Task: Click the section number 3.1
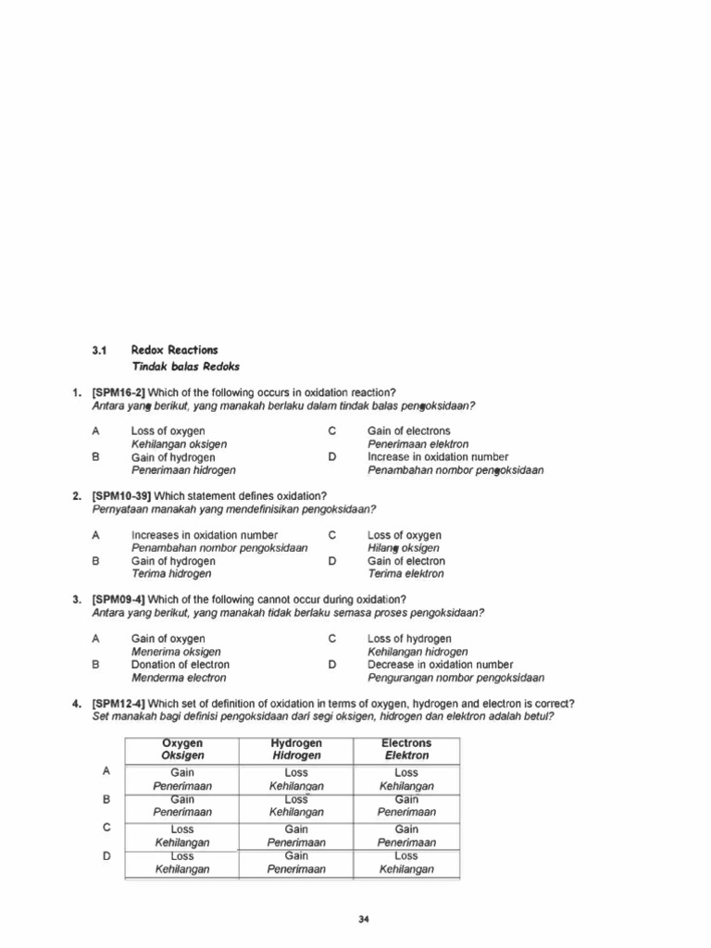[x=100, y=350]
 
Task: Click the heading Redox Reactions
[x=175, y=350]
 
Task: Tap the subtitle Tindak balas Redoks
[x=186, y=367]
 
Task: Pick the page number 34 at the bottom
[x=364, y=919]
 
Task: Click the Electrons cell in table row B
[x=406, y=805]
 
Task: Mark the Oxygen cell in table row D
[x=182, y=863]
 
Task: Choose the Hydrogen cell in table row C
[x=296, y=836]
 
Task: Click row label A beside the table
[x=107, y=770]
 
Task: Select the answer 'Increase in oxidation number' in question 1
[x=438, y=457]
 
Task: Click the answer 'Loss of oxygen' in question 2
[x=405, y=535]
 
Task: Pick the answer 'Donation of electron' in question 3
[x=181, y=665]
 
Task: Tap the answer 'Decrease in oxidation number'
[x=440, y=665]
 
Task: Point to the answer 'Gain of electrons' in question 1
[x=409, y=431]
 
